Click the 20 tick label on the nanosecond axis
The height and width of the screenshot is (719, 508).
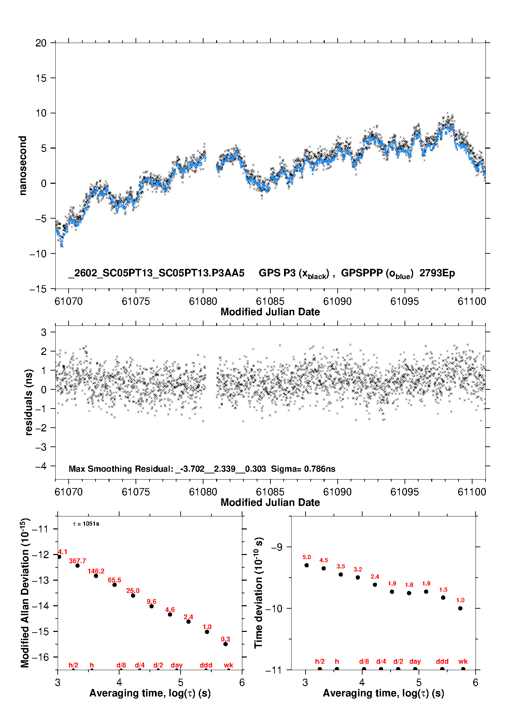(x=41, y=43)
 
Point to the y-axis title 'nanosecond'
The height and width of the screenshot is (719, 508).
(x=23, y=166)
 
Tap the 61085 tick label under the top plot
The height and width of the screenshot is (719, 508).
(x=270, y=301)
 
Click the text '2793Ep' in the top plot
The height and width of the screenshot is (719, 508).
(x=437, y=273)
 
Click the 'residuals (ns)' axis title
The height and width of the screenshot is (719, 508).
(x=29, y=402)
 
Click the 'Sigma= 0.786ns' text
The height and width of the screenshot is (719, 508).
(x=303, y=469)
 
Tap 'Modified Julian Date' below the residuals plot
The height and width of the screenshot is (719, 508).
(x=270, y=502)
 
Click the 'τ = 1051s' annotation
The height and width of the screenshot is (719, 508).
(x=86, y=524)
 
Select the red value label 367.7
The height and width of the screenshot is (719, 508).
(x=77, y=561)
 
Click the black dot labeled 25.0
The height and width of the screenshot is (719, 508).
(x=133, y=596)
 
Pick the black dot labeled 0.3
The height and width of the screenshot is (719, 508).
(x=225, y=644)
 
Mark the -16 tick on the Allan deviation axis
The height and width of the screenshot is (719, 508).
(x=40, y=657)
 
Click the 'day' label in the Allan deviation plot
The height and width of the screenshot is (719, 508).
(x=177, y=665)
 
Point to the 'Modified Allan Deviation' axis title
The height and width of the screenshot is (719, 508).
(x=25, y=593)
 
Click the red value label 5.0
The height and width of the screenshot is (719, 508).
(x=307, y=557)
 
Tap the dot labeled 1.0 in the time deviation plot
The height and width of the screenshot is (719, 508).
(x=460, y=608)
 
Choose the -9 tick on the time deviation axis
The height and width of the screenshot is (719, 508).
(x=277, y=547)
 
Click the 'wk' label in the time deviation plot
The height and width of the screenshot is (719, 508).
(x=463, y=662)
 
